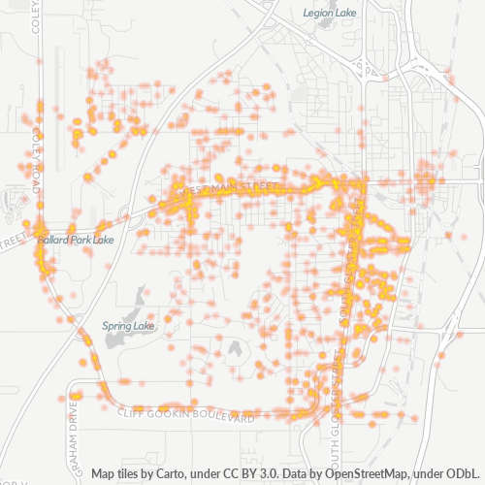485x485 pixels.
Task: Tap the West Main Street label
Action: click(x=234, y=186)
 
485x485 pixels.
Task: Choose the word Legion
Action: click(x=318, y=14)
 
